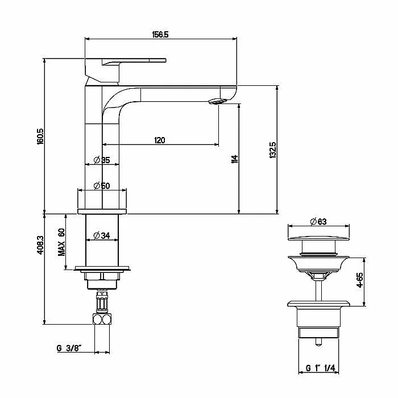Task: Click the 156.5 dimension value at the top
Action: (160, 35)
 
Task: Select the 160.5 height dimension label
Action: (40, 136)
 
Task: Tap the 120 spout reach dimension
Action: (160, 140)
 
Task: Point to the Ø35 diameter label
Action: (102, 160)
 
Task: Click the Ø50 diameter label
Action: (102, 186)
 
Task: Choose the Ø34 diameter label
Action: (102, 236)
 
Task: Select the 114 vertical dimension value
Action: (234, 159)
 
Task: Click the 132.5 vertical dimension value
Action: (273, 150)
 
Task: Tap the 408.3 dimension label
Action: (40, 245)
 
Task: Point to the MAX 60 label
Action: (61, 242)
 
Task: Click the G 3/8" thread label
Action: (69, 348)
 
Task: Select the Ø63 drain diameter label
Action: (318, 222)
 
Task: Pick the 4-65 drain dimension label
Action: (360, 280)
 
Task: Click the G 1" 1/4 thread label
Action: (320, 368)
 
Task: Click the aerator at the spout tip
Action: (217, 102)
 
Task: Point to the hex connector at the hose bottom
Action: (102, 320)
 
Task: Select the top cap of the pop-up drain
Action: (318, 238)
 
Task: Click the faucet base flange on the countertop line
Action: (102, 212)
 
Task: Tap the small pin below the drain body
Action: (318, 342)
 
